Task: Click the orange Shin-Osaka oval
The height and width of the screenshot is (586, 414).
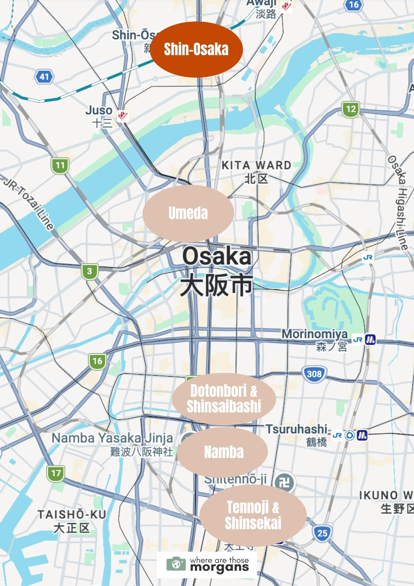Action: pos(196,49)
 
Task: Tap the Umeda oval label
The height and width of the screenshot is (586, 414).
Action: pos(188,213)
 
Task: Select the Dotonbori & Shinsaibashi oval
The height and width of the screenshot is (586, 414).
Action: pos(224,398)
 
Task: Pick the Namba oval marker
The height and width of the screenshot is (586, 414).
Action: pos(223,452)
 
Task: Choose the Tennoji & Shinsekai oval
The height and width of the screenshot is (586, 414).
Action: pos(253,515)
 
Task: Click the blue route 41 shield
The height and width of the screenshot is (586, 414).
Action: pos(44,77)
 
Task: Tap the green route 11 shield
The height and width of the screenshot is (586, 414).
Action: pos(60,166)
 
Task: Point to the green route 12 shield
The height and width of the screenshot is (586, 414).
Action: pos(351,109)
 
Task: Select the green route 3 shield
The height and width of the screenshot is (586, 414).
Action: pos(89,271)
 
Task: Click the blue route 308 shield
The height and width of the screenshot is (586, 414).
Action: pos(314,374)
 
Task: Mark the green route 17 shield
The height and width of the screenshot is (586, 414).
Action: pos(56,473)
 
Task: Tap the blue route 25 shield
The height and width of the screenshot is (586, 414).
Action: pos(322,533)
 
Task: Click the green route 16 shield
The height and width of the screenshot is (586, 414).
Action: pos(97,361)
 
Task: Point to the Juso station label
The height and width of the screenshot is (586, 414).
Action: pos(99,111)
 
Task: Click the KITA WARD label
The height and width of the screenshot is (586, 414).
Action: pos(256,166)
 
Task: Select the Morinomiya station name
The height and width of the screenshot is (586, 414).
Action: pos(314,334)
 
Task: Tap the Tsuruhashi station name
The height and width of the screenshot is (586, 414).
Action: pos(296,429)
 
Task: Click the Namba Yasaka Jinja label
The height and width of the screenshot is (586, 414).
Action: pos(112,438)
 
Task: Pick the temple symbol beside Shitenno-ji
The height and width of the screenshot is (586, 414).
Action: pos(284,482)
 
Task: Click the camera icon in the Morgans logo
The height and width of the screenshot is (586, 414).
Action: pos(176,564)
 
